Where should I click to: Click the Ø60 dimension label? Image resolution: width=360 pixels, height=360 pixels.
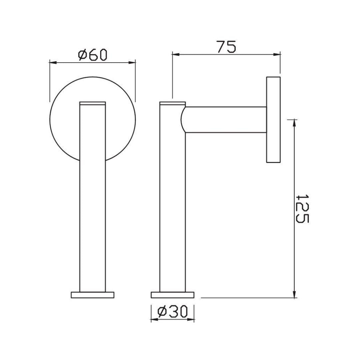click(x=93, y=55)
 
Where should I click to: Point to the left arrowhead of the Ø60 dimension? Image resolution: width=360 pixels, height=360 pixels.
click(x=52, y=62)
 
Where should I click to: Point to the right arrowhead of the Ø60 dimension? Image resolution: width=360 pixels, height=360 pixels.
click(x=133, y=62)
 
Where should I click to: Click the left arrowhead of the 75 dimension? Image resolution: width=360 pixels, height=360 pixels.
click(x=175, y=54)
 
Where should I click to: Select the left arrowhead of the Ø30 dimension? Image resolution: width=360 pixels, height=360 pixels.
click(x=153, y=320)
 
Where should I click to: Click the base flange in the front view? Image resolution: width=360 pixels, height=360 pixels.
click(x=93, y=295)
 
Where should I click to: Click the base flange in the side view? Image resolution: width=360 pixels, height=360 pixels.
click(x=172, y=295)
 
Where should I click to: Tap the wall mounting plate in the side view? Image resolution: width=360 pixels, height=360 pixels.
click(x=273, y=120)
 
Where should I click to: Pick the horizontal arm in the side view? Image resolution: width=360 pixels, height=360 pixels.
click(x=227, y=120)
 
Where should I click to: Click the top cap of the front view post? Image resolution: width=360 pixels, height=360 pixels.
click(x=93, y=103)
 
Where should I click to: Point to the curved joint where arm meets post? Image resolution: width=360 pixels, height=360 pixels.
click(x=183, y=120)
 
